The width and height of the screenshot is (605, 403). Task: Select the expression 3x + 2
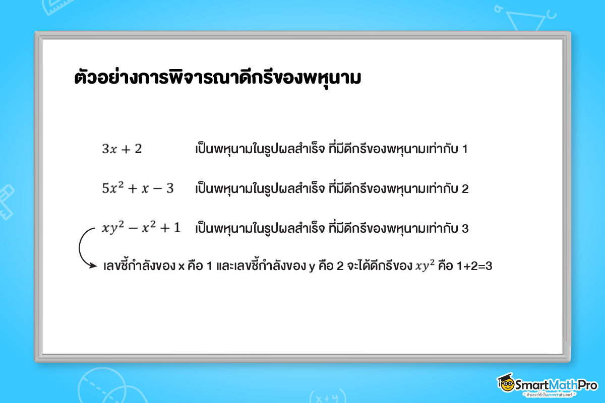point(122,149)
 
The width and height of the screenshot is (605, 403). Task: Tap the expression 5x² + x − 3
point(138,188)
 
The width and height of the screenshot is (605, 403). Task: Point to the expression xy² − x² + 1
point(141,228)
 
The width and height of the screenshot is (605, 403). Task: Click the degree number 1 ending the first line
point(465,150)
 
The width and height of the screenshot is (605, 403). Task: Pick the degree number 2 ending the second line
point(465,189)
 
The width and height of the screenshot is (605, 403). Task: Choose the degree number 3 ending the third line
point(465,228)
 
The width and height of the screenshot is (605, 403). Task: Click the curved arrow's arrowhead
point(92,265)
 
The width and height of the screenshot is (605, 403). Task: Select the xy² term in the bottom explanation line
point(425,266)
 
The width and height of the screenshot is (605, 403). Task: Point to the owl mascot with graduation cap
point(505,384)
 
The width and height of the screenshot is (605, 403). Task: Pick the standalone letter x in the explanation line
point(181,266)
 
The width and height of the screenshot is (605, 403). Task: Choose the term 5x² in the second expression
point(112,188)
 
